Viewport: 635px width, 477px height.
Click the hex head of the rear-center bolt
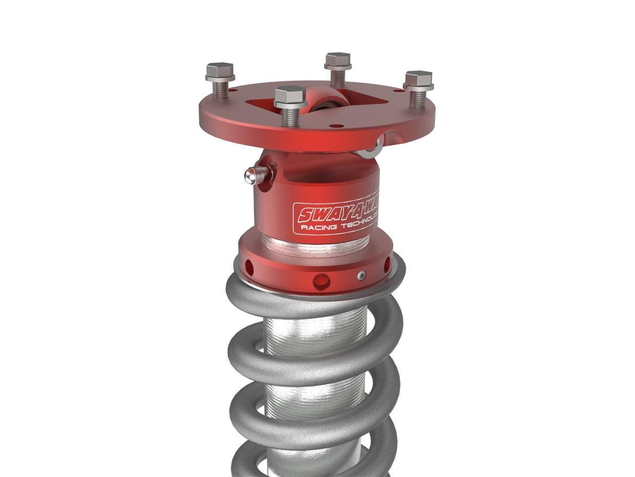[x=337, y=60]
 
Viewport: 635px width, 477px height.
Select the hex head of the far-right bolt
[x=418, y=79]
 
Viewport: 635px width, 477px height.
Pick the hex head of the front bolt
[x=290, y=96]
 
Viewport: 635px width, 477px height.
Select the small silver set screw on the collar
[x=360, y=275]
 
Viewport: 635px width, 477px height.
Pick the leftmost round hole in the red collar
[x=249, y=268]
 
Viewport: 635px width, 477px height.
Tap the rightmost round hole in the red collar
[x=387, y=264]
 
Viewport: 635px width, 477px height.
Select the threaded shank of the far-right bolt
[x=417, y=98]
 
